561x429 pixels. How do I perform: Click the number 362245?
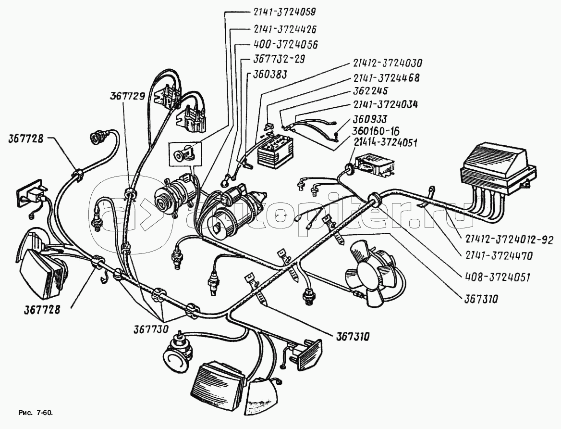click(x=369, y=90)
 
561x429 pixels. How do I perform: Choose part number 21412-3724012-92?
click(x=509, y=240)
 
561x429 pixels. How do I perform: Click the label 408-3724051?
click(x=497, y=277)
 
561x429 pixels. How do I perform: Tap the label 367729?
click(x=127, y=97)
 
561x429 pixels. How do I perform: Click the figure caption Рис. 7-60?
click(x=35, y=413)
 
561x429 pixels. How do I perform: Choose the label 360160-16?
click(x=376, y=130)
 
